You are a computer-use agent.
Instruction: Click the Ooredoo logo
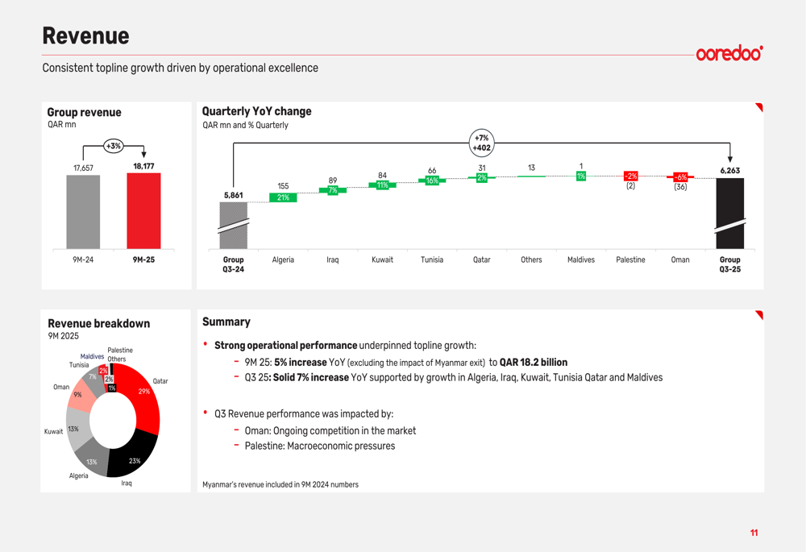pos(729,52)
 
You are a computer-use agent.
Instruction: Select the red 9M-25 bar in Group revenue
pos(143,210)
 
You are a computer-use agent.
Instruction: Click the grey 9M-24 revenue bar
pos(83,212)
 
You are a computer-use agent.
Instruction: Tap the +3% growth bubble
pos(113,146)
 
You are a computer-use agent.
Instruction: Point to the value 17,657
pos(83,168)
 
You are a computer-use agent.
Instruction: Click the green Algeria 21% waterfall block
pos(283,197)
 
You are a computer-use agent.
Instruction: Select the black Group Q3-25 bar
pos(730,214)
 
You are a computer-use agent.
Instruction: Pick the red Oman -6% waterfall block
pos(680,176)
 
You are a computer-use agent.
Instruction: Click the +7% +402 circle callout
pos(482,143)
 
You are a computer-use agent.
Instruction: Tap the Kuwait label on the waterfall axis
pos(382,259)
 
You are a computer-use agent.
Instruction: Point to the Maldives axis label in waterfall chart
pos(581,259)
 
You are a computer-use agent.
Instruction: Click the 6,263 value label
pos(730,171)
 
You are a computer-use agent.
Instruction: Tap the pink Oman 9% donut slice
pos(80,396)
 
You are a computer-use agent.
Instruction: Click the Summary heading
pos(226,322)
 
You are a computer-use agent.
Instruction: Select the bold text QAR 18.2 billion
pos(534,363)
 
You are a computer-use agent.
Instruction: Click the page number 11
pos(754,533)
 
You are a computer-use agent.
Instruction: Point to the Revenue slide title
pos(86,36)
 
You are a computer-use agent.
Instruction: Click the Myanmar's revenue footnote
pos(280,484)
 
